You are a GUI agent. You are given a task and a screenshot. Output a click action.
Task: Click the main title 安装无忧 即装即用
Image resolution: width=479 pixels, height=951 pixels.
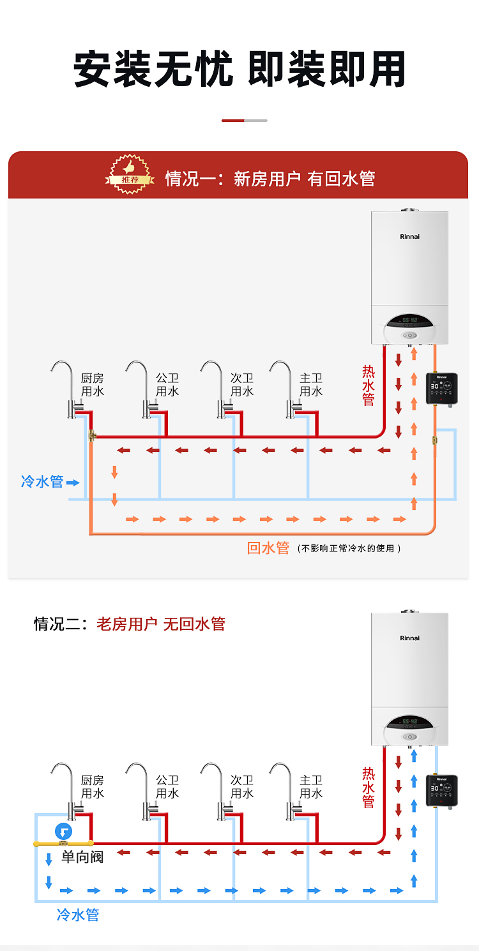point(240,70)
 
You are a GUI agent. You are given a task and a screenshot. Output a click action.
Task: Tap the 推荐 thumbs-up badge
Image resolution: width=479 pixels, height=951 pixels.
point(130,174)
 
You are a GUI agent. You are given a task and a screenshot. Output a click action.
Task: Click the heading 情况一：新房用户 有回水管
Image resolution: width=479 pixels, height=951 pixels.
point(270,179)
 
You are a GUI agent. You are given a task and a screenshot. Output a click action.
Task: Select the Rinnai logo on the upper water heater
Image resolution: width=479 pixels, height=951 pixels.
point(409,237)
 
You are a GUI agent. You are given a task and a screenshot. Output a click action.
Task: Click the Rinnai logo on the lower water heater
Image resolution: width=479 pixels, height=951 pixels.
point(409,638)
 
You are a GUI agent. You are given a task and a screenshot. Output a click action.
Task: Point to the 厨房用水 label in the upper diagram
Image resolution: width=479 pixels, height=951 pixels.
point(93,385)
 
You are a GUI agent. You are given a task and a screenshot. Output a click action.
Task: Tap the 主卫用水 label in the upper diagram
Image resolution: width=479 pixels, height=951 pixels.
point(311,385)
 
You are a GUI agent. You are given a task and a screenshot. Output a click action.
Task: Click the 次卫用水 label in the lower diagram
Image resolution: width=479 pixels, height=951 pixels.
point(242,786)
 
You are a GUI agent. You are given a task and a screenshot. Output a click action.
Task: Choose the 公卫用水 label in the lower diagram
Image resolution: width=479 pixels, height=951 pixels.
point(167,786)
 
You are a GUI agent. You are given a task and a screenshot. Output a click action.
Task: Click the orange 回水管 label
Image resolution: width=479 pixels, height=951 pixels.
point(268,548)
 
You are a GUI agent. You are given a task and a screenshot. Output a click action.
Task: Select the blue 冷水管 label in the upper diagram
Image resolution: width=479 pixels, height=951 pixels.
point(42,481)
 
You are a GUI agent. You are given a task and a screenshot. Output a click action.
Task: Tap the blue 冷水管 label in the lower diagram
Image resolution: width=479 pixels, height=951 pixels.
point(78,915)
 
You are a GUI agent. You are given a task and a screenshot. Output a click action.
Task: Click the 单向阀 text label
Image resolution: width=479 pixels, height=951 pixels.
point(82,857)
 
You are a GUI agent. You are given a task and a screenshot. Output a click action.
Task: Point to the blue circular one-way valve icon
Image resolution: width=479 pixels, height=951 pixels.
point(63,832)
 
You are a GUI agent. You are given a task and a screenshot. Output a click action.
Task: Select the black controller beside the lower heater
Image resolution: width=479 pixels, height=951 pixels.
point(441,790)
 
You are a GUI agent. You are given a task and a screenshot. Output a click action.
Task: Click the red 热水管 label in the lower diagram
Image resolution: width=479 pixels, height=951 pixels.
point(369,787)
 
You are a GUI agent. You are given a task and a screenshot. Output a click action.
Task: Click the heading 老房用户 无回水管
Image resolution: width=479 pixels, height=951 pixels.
point(161,624)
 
